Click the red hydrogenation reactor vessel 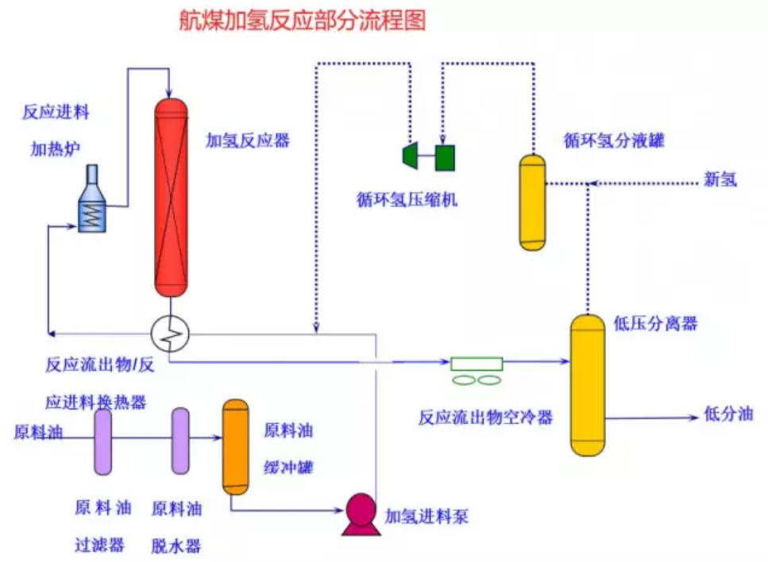point(171,198)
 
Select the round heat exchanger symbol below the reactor point(170,334)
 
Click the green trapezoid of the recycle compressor point(410,156)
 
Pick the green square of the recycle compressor point(445,158)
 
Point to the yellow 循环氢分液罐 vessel point(532,202)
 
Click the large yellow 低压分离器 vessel point(587,386)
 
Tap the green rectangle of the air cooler point(477,364)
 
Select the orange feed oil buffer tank point(236,447)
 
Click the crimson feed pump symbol point(361,514)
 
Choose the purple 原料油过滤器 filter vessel point(103,442)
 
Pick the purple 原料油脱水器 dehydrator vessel point(180,441)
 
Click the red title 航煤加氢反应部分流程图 point(303,21)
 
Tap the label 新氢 point(720,179)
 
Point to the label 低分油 point(728,414)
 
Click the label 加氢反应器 point(248,141)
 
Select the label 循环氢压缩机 point(407,200)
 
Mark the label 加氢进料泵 point(426,516)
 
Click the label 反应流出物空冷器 point(485,417)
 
